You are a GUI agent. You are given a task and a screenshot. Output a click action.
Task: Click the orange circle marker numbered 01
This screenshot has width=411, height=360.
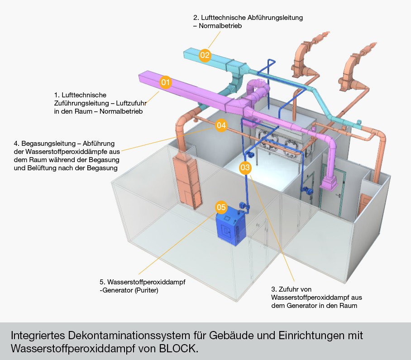point(165,82)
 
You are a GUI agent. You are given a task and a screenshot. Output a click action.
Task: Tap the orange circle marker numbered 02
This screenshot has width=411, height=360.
point(205,55)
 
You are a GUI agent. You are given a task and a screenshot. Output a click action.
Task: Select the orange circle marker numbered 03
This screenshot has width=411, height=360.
point(245,167)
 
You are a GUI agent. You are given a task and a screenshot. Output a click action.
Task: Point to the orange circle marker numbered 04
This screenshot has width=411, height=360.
point(221,125)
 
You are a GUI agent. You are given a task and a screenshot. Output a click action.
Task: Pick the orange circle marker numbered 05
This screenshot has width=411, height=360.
point(221,207)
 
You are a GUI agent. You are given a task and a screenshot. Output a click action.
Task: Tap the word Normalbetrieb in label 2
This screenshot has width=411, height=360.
point(220,26)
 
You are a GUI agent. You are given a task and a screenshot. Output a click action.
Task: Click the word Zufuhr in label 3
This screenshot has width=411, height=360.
point(295,289)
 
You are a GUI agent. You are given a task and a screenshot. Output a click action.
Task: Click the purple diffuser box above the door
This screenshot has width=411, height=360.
point(329,183)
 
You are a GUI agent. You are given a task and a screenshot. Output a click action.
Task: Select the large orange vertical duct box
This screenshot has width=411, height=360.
point(187,182)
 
